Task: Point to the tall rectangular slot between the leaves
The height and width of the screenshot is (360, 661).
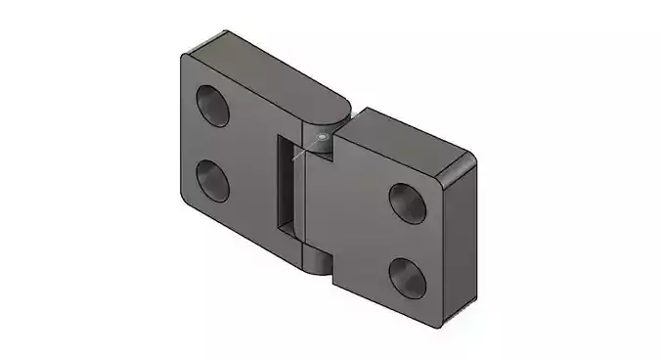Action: (286, 186)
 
